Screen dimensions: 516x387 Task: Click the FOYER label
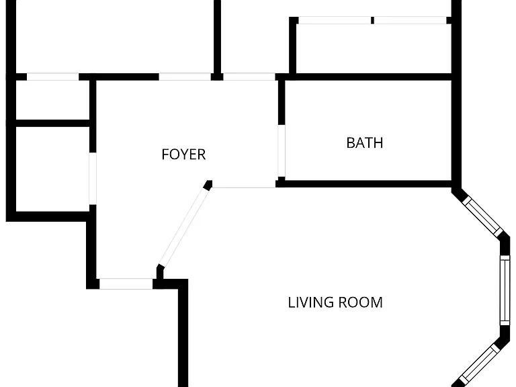tap(183, 155)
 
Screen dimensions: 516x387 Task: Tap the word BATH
tap(365, 143)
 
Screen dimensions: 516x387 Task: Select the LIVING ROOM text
tap(335, 302)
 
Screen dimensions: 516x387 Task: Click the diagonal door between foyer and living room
tap(185, 227)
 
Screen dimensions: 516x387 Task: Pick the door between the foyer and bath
tap(282, 150)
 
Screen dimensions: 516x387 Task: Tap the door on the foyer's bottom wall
tap(126, 284)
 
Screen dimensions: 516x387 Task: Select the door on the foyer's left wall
tap(93, 178)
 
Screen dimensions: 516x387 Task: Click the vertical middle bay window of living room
tap(505, 290)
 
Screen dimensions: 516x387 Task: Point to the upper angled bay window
tap(483, 216)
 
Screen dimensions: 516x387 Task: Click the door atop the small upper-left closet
tap(52, 77)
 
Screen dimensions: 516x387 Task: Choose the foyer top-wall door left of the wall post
tap(185, 77)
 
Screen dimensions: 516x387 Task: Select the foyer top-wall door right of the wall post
tap(249, 77)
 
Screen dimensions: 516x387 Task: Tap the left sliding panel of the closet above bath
tap(335, 20)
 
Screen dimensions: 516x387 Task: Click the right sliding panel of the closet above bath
tap(411, 20)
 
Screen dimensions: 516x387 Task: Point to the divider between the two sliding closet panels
tap(372, 20)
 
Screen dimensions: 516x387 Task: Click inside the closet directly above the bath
tap(374, 48)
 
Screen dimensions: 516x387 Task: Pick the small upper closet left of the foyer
tap(52, 100)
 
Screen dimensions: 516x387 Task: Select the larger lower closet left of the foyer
tap(52, 169)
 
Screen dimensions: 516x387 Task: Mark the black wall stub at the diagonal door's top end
tap(208, 185)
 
